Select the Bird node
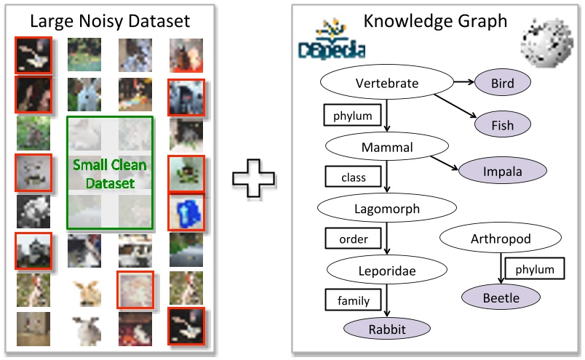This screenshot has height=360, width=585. (x=502, y=83)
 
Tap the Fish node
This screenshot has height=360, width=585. (x=502, y=125)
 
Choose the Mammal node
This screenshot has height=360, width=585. (x=386, y=148)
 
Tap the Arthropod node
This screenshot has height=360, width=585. (x=501, y=239)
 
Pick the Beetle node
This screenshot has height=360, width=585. (x=501, y=297)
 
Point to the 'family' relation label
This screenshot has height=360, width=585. (x=353, y=300)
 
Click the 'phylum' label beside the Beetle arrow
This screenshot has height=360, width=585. (x=535, y=269)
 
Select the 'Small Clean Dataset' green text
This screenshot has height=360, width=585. (x=109, y=174)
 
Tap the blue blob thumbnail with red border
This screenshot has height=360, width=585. (x=186, y=212)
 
